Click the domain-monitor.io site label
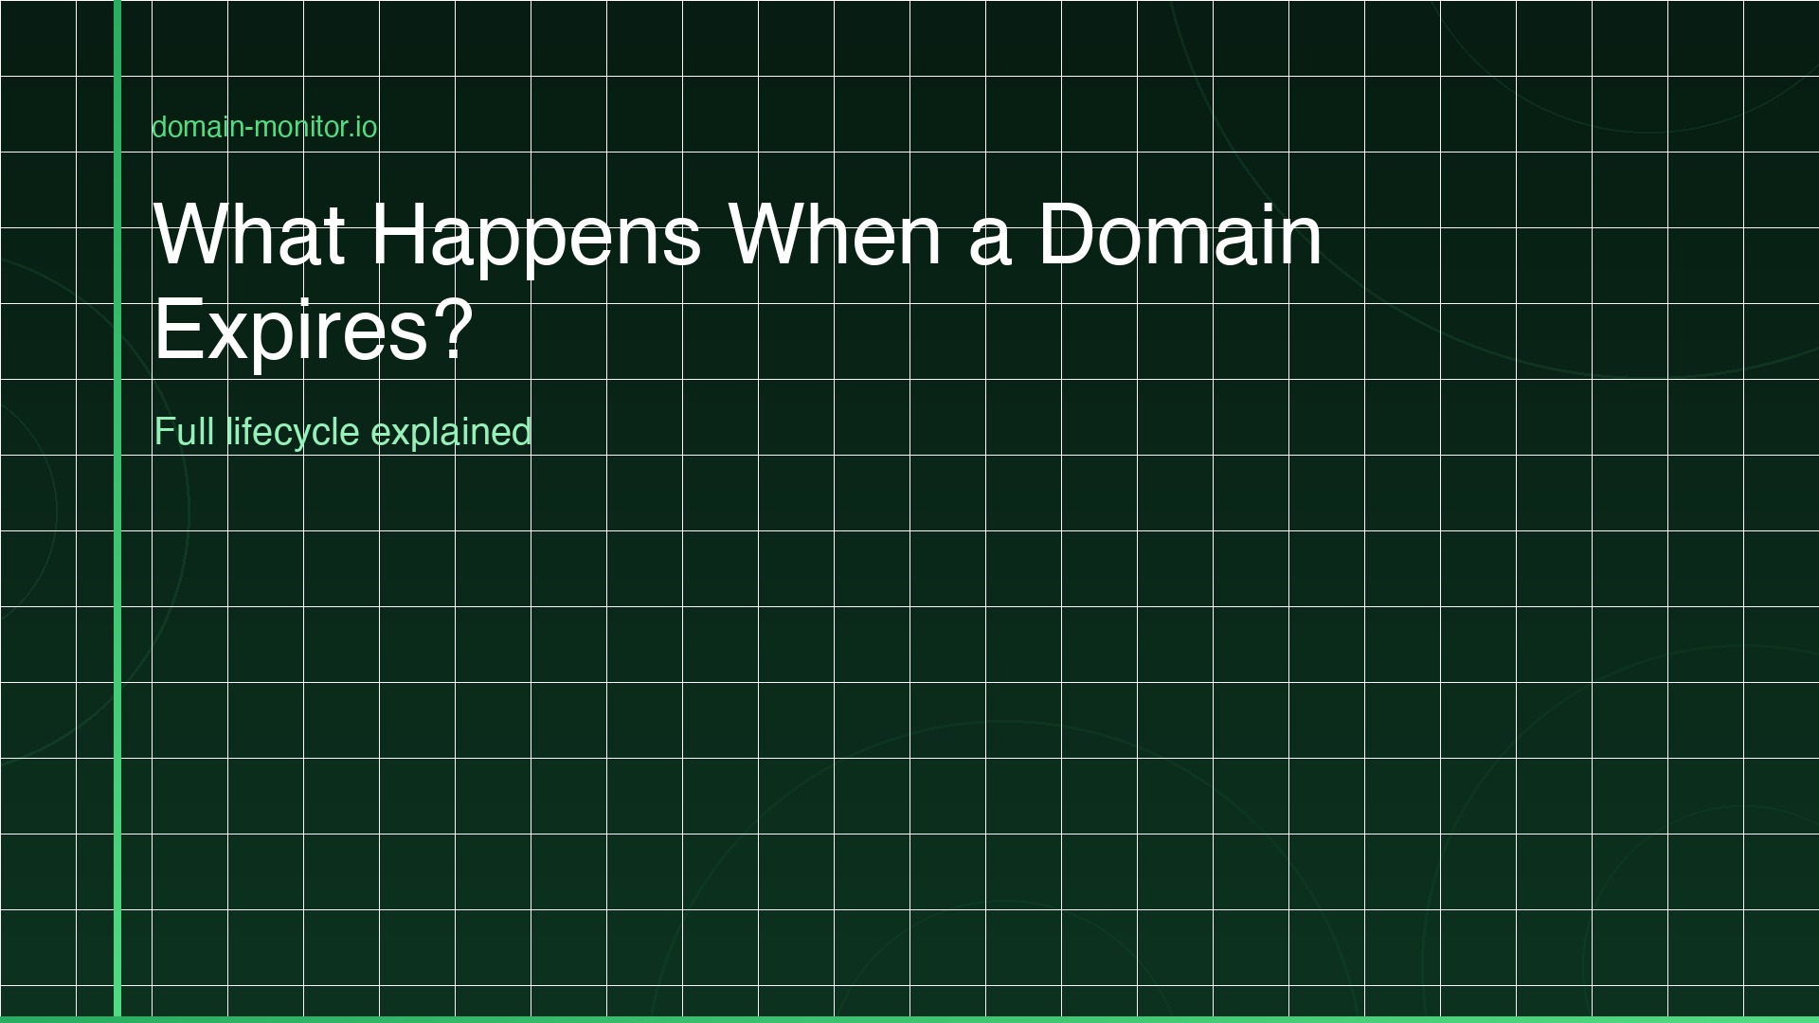click(264, 127)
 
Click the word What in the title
click(249, 234)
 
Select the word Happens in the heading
click(535, 234)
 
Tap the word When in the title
click(835, 234)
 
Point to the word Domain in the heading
click(1180, 234)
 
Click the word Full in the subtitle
click(184, 432)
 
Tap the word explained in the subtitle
click(451, 432)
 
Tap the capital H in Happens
click(396, 234)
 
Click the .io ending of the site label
click(364, 127)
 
